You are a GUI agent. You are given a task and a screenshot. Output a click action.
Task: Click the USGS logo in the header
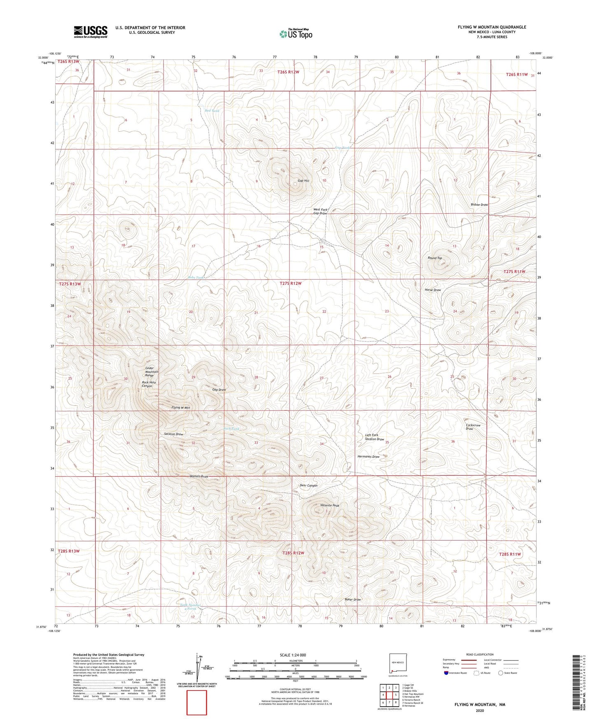tap(91, 32)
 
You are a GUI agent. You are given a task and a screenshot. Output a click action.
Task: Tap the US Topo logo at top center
tap(296, 34)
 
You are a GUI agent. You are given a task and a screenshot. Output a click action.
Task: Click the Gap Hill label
tap(303, 181)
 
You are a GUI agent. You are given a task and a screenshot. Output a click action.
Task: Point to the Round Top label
tap(434, 258)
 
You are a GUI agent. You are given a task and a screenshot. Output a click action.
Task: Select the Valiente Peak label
tap(330, 505)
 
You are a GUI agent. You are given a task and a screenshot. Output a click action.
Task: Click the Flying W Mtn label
tap(180, 408)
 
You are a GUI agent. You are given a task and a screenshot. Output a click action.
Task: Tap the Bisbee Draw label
tap(479, 205)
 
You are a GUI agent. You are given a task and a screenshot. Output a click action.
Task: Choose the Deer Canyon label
tap(308, 486)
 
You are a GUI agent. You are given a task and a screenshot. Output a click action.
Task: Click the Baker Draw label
tap(352, 600)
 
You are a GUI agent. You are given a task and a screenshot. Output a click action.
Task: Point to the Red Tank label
tap(212, 111)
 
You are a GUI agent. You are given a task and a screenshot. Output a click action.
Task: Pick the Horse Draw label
tap(433, 290)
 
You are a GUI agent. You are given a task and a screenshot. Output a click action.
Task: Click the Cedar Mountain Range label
tap(152, 371)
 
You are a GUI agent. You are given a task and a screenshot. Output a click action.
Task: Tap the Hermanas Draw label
tap(368, 457)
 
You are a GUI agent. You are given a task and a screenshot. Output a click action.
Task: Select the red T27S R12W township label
tap(290, 283)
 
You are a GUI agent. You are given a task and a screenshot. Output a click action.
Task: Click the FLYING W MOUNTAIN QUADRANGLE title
tap(492, 27)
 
